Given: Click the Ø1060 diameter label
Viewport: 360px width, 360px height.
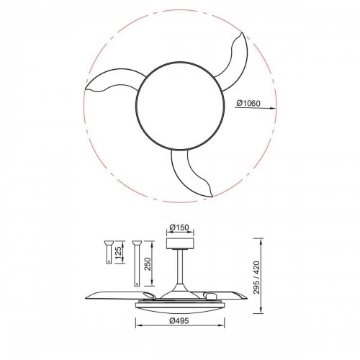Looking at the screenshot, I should click(x=249, y=103).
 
